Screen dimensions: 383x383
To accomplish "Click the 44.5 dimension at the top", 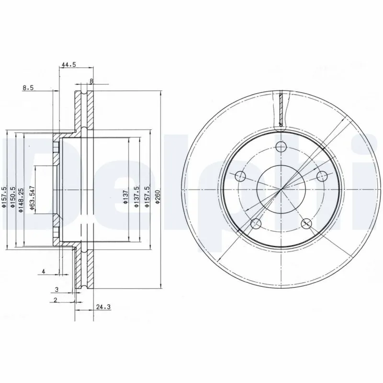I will point(69,64).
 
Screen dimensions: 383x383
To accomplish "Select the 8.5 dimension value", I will point(28,88).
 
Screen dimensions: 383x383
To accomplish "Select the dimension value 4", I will point(44,272).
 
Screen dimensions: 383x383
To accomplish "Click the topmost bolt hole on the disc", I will point(281,146).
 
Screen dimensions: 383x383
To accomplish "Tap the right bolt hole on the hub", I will point(322,176).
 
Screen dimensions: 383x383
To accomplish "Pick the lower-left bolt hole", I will point(256,223).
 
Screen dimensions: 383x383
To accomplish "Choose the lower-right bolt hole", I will point(306,223).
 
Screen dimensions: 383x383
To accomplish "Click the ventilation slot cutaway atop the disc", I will point(281,110).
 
